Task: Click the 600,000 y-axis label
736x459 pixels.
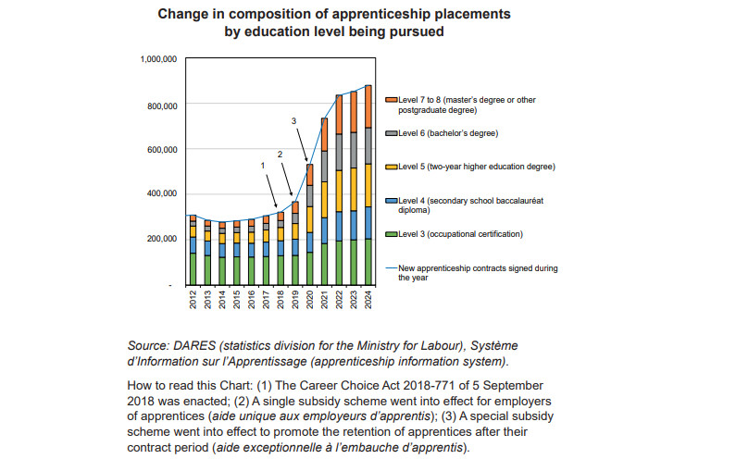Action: coord(160,150)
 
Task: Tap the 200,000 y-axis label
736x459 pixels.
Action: coord(160,239)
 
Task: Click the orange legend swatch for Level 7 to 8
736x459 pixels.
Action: coord(392,98)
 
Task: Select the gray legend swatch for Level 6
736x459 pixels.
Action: coord(392,133)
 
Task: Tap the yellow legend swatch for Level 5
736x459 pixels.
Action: coord(392,167)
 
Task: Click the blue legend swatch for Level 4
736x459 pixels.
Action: coord(392,200)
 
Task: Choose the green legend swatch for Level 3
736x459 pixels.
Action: coord(392,234)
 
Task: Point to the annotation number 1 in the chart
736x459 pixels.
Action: coord(263,166)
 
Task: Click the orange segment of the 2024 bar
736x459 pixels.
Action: coord(369,105)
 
